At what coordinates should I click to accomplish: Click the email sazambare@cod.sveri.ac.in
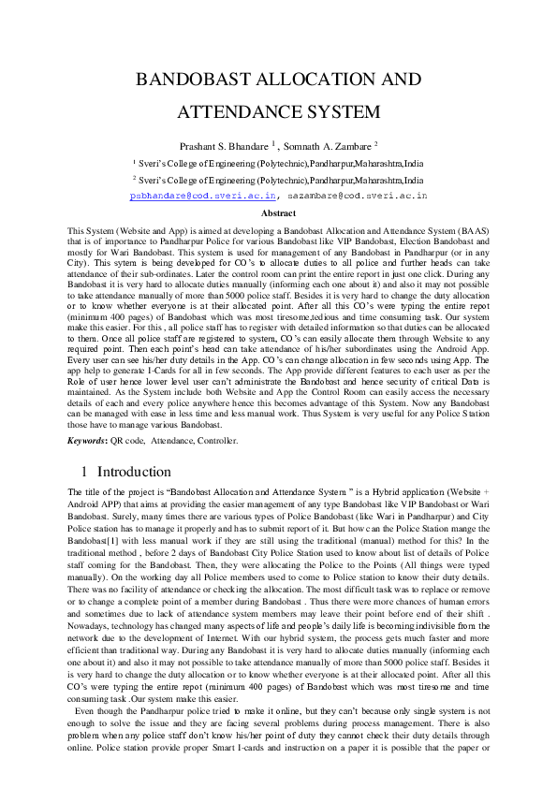356,196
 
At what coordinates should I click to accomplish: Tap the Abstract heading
277,213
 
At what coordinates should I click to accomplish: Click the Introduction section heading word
134,472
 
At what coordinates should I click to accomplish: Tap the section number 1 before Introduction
84,472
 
